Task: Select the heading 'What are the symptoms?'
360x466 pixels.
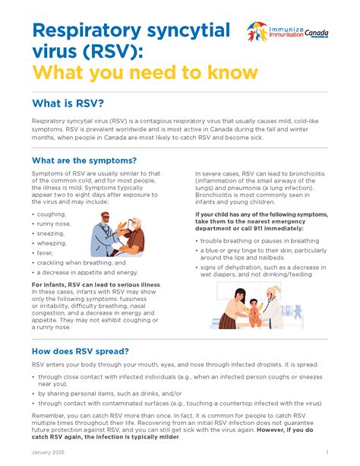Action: tap(84, 160)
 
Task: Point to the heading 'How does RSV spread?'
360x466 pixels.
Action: tap(80, 351)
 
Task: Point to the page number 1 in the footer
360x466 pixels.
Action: tap(327, 453)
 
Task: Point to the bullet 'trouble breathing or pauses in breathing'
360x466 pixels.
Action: tap(260, 241)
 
